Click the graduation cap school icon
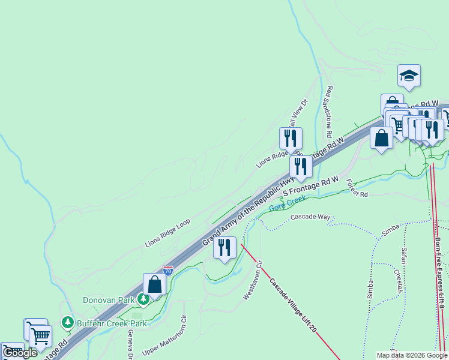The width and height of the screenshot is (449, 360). pos(409,76)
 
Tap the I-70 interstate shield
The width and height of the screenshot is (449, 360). pos(168,271)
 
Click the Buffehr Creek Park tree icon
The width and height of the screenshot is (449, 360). pos(67,323)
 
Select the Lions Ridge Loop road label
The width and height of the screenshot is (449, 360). pos(167,233)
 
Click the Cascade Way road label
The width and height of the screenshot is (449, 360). pos(310,217)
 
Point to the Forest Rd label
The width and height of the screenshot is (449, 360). pos(356,190)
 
